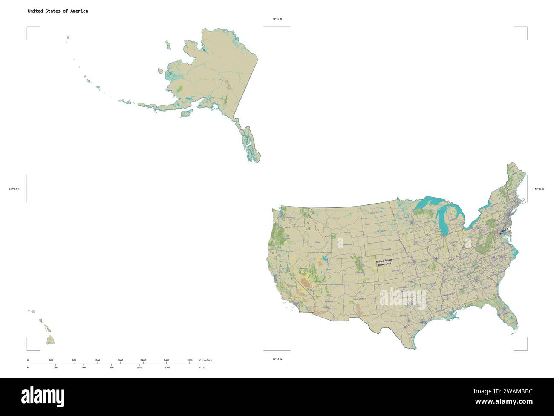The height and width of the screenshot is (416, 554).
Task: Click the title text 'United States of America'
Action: tap(58, 11)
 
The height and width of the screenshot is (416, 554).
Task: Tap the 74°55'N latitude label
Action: tap(277, 19)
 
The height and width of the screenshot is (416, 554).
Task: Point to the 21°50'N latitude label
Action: tap(277, 359)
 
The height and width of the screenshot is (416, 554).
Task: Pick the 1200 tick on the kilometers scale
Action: tap(97, 361)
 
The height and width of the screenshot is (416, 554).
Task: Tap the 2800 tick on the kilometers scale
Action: tap(190, 361)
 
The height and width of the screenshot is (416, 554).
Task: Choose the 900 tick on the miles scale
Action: tap(112, 367)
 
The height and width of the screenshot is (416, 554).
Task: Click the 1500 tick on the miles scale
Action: tap(167, 367)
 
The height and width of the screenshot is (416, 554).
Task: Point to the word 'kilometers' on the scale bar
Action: tap(205, 361)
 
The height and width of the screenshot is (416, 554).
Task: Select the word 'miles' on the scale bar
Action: tap(202, 367)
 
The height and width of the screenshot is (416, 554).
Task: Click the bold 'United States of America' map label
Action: tap(384, 262)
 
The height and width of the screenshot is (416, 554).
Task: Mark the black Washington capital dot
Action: tap(500, 233)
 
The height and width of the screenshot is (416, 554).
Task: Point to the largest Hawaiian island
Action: tap(51, 340)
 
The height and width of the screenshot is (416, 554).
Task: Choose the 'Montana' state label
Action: tap(337, 218)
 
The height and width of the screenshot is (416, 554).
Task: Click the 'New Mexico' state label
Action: tap(360, 299)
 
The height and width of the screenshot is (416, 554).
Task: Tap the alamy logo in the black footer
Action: tap(43, 396)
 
